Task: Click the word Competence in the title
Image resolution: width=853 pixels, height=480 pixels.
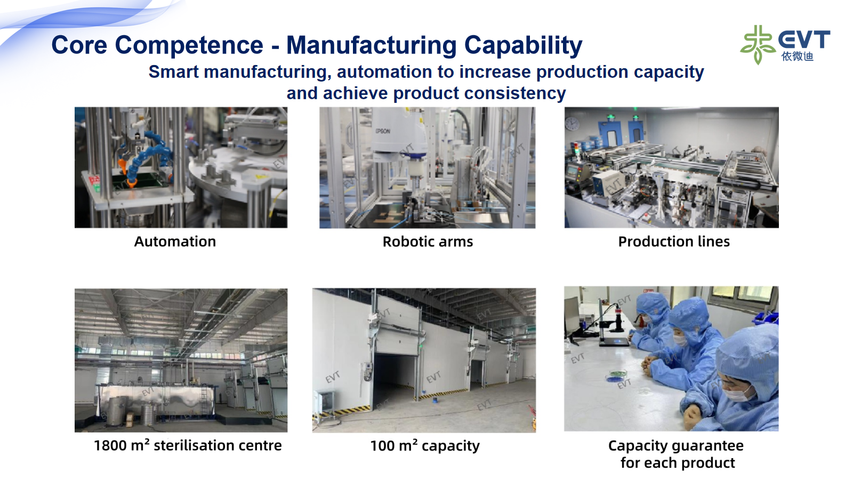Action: pos(189,45)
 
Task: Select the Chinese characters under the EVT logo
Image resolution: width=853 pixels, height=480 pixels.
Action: pos(797,57)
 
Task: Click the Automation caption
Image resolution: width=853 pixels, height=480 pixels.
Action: pos(175,242)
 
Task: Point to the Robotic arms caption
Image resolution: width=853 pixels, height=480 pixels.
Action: pos(428,242)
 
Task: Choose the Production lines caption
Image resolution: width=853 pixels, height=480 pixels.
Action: pos(674,242)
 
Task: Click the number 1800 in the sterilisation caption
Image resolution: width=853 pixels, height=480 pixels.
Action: pos(110,445)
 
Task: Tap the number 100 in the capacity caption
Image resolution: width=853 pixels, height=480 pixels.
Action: pos(382,446)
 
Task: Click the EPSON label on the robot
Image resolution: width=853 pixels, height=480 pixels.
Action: pos(383,131)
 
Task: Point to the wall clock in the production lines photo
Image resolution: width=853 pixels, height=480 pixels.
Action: pos(572,123)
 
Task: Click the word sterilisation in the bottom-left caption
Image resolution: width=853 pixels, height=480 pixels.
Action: pos(218,445)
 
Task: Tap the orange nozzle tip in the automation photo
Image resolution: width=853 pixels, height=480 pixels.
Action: pos(131,183)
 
